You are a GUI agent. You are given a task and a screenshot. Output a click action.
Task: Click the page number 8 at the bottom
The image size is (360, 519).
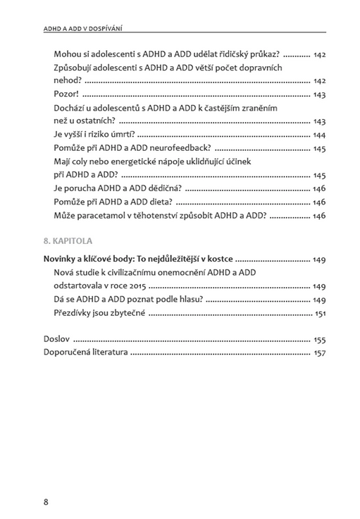(x=46, y=501)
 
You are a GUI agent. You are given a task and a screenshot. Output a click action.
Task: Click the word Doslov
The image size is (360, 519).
(x=56, y=338)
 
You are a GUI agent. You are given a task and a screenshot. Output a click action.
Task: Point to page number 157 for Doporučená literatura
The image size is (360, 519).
(x=319, y=353)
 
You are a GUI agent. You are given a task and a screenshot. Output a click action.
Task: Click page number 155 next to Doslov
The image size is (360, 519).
(x=319, y=339)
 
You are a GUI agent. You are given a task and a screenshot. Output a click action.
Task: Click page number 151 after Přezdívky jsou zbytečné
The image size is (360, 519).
(x=320, y=313)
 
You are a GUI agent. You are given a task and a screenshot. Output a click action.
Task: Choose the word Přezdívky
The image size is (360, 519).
(x=76, y=313)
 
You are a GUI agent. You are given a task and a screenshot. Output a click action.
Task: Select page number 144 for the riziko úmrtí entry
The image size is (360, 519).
(x=319, y=135)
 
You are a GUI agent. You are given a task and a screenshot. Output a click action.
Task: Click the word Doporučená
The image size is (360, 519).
(x=72, y=353)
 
